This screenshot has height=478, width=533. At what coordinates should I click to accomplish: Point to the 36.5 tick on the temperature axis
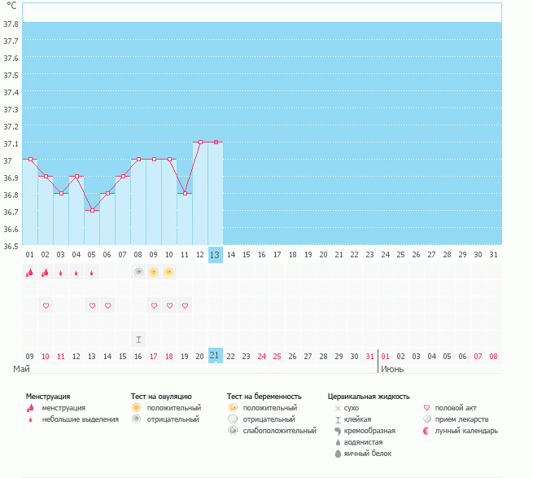[x=11, y=245]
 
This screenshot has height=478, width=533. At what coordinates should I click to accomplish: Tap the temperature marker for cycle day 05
[x=92, y=211]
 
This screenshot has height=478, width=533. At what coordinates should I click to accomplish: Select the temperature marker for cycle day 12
[x=200, y=143]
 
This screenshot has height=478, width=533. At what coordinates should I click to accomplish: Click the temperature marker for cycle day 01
[x=30, y=160]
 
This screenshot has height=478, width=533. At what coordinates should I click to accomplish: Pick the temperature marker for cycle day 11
[x=185, y=194]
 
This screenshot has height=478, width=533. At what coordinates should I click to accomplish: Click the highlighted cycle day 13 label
[x=215, y=255]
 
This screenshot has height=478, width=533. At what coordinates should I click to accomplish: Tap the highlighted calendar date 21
[x=215, y=355]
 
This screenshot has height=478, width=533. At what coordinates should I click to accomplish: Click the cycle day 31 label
[x=493, y=255]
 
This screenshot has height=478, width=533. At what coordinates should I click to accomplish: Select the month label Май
[x=22, y=369]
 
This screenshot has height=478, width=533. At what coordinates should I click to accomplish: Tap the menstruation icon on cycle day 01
[x=30, y=273]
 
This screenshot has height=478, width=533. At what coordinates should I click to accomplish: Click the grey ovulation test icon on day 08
[x=138, y=272]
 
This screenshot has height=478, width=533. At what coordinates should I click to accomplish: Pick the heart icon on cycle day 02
[x=46, y=305]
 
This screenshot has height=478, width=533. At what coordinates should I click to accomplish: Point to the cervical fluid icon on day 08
[x=138, y=339]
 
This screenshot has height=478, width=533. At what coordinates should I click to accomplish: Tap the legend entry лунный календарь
[x=466, y=430]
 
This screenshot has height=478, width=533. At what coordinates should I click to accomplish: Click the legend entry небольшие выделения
[x=80, y=419]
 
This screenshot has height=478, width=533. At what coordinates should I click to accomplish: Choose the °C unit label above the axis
[x=11, y=6]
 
